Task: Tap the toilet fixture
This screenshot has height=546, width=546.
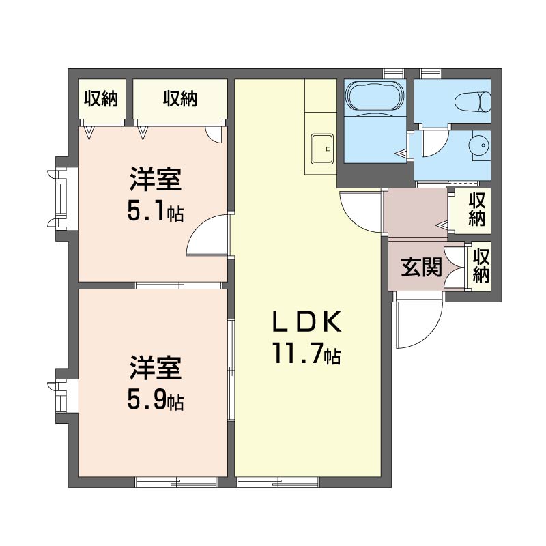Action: click(472, 102)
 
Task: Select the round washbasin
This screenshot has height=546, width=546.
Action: click(480, 145)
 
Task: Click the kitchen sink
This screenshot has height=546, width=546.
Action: click(322, 149)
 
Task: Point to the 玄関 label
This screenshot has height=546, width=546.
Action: click(421, 267)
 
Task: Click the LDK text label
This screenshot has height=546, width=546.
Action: click(306, 321)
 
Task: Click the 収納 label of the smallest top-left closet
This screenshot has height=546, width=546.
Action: click(101, 98)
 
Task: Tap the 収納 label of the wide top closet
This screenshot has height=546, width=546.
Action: click(180, 98)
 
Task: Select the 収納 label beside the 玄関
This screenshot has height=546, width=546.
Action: click(481, 265)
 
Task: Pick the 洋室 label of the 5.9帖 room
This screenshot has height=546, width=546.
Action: click(156, 368)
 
